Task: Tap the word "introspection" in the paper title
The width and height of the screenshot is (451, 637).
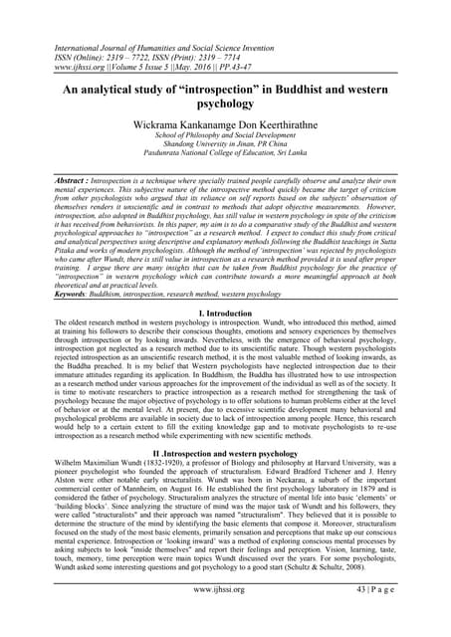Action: [x=235, y=87]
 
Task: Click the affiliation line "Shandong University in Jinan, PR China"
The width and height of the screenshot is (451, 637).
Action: [x=224, y=157]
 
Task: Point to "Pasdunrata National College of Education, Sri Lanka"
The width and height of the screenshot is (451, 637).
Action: [x=224, y=168]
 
